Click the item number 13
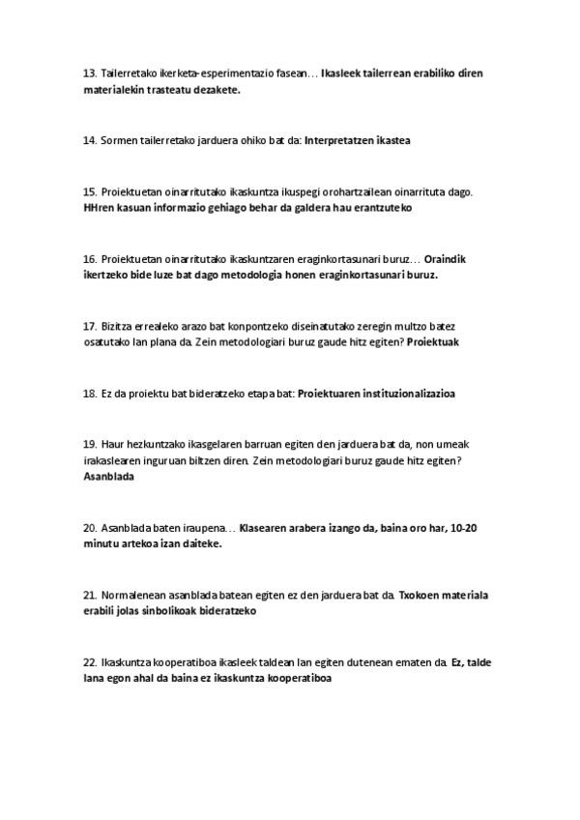[90, 73]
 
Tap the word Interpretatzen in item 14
[337, 140]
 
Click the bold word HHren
[101, 207]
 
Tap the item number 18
[90, 394]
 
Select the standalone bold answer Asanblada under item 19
[109, 477]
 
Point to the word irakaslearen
[116, 461]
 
